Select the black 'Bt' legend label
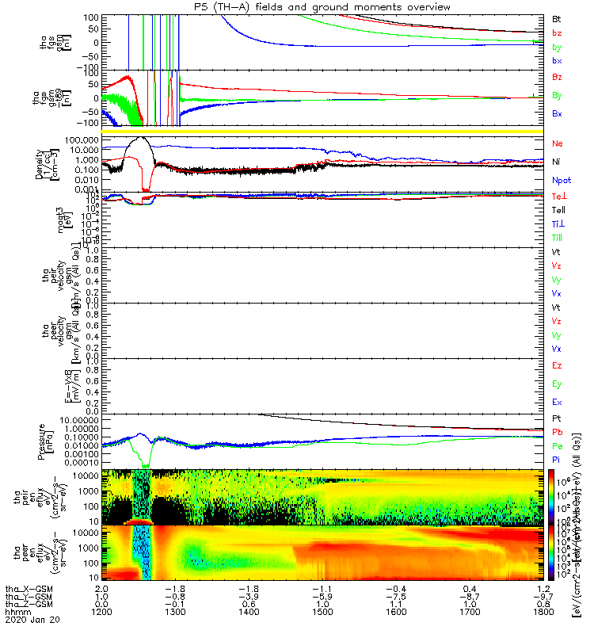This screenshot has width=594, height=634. pos(558,18)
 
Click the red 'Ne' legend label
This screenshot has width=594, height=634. pos(558,144)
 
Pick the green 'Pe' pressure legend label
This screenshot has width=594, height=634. pos(558,446)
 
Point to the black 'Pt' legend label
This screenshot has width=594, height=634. pos(558,418)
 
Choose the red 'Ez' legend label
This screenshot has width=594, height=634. pos(558,366)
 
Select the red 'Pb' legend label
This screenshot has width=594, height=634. pos(558,432)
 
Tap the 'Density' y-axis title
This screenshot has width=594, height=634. pos(39,162)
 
